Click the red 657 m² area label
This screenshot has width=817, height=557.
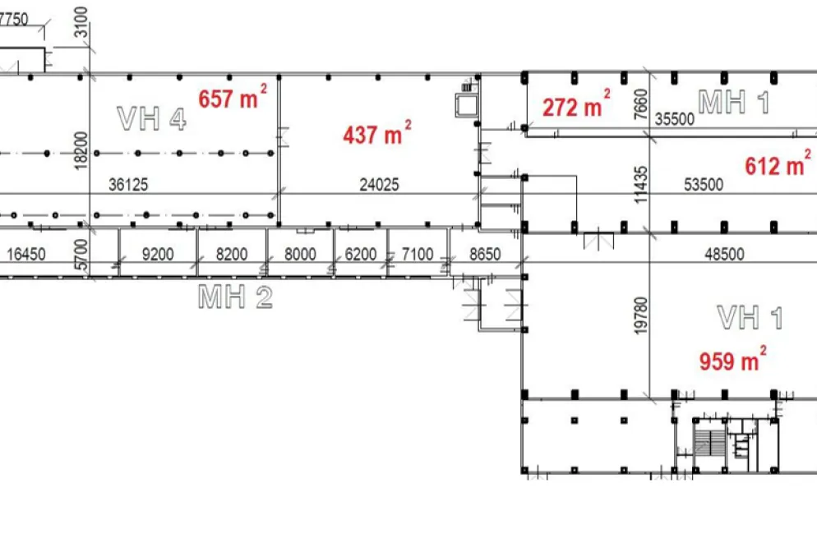tap(233, 97)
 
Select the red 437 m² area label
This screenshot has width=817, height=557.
tap(376, 133)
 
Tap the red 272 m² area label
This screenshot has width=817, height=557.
tap(576, 105)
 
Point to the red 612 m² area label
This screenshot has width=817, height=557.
tap(778, 164)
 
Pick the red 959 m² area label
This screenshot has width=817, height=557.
tap(732, 360)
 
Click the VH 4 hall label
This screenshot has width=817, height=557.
tap(151, 118)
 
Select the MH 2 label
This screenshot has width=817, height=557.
tap(236, 297)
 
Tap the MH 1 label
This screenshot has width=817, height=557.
tap(734, 102)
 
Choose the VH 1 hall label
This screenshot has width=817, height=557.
tap(750, 318)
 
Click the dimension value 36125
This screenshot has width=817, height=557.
tap(128, 184)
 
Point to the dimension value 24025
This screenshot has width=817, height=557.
tap(380, 184)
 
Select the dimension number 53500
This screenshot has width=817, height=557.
tap(704, 184)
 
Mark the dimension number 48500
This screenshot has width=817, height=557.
tap(724, 254)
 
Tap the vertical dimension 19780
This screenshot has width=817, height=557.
tap(641, 315)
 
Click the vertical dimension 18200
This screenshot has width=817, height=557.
tap(81, 150)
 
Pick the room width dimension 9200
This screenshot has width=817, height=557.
tap(158, 254)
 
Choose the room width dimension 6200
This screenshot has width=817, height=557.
tap(361, 254)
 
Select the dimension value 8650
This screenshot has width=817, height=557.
tap(485, 254)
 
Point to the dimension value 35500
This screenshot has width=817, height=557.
tap(675, 118)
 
